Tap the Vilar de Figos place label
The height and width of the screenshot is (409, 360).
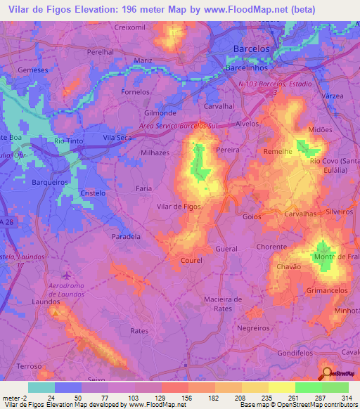click(x=179, y=207)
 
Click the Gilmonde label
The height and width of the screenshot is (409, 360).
click(x=160, y=112)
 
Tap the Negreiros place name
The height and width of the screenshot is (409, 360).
click(x=254, y=328)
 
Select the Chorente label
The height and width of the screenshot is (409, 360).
click(x=273, y=247)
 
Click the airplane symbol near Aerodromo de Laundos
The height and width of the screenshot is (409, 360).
click(x=67, y=275)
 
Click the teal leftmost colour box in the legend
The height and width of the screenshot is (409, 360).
click(x=41, y=387)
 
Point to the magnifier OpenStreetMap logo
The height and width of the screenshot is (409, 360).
click(x=327, y=372)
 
